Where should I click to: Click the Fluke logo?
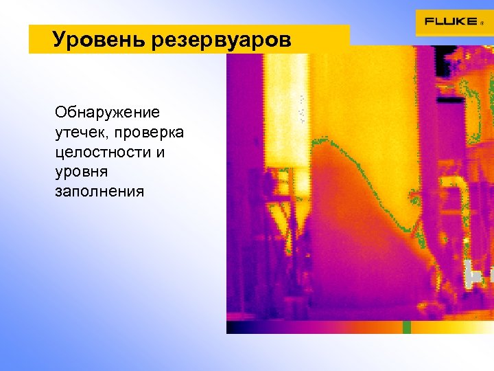(450, 21)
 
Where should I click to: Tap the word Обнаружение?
(107, 111)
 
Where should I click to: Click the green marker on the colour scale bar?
(406, 327)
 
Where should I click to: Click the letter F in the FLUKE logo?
(428, 21)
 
